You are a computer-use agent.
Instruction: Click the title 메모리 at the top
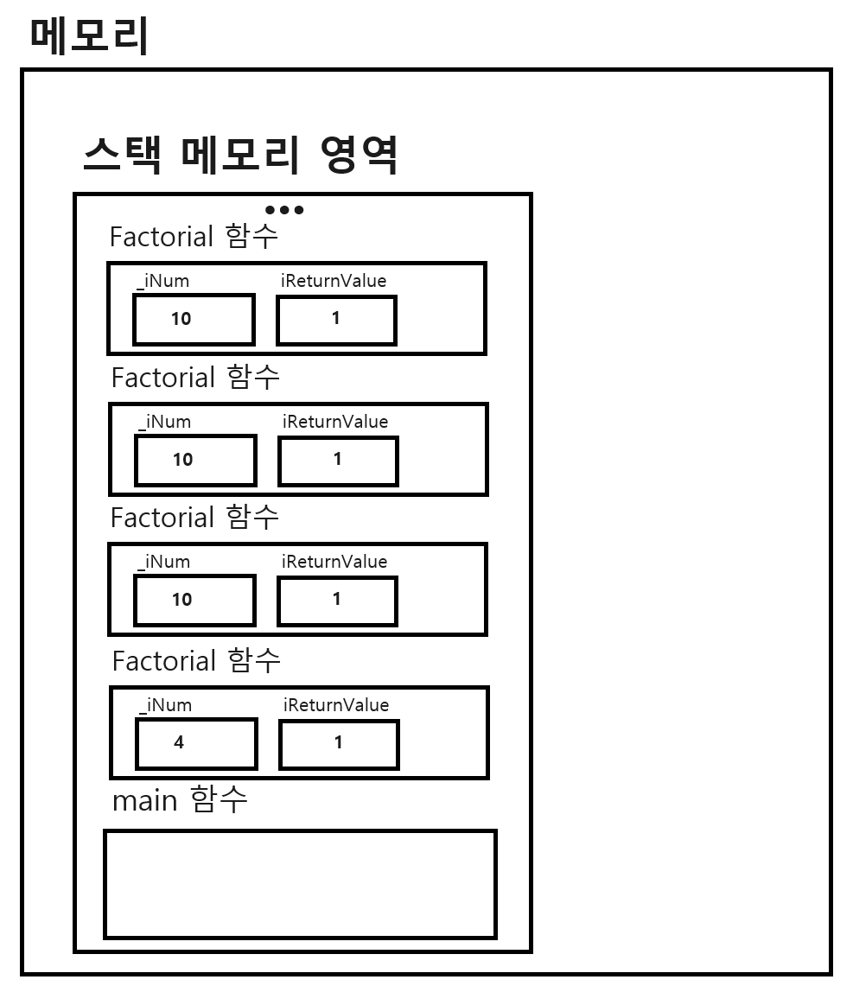click(x=90, y=36)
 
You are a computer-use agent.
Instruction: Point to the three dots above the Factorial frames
click(x=284, y=210)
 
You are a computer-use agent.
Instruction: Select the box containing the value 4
click(x=196, y=743)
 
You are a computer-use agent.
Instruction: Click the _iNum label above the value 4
click(x=165, y=705)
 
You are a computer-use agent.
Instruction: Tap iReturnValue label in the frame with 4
click(x=335, y=705)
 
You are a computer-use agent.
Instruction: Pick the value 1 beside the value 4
click(x=338, y=743)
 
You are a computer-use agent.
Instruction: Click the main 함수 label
click(x=180, y=800)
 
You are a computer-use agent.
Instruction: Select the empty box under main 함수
click(x=300, y=884)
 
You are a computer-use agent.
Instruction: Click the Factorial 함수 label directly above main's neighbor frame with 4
click(x=196, y=661)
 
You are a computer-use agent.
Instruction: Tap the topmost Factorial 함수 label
click(x=194, y=236)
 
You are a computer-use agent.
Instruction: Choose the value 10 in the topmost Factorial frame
click(x=181, y=319)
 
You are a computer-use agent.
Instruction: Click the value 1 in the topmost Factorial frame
click(x=336, y=319)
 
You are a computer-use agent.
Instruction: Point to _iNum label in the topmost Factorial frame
click(x=163, y=281)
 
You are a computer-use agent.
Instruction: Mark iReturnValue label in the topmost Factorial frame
click(x=334, y=281)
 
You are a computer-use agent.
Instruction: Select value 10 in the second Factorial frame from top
click(x=183, y=460)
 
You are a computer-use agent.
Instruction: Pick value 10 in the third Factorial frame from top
click(x=182, y=600)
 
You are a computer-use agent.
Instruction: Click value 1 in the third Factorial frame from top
click(x=337, y=600)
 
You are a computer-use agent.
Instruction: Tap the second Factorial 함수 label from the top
click(x=195, y=378)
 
